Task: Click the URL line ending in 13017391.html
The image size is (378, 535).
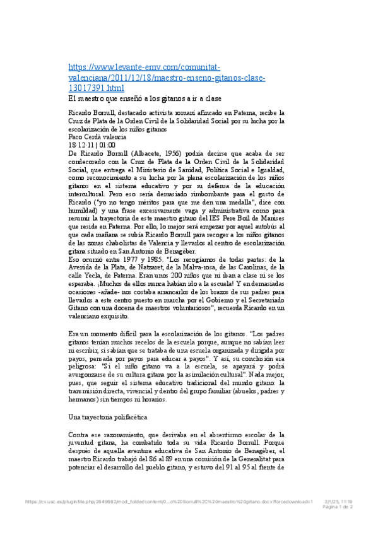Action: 97,88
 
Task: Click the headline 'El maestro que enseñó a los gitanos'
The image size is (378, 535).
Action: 145,99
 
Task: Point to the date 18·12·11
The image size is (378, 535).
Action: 80,145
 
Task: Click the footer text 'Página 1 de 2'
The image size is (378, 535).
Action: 338,506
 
